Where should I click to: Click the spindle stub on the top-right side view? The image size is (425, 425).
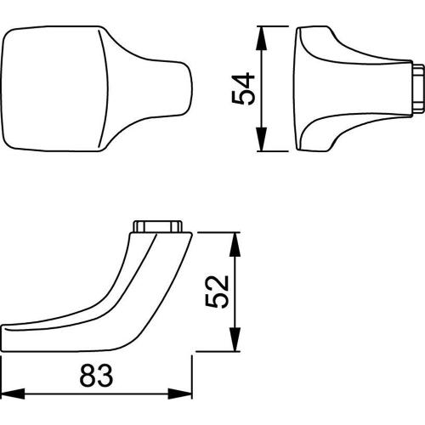pos(416,89)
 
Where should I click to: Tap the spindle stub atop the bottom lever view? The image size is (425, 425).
pos(156,227)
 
